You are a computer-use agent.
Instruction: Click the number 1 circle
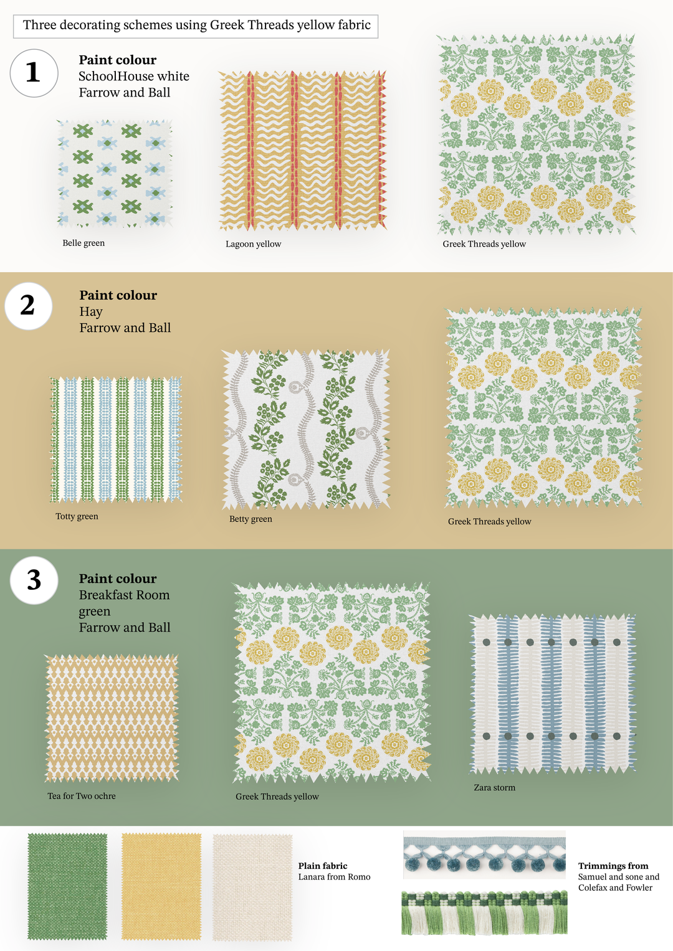coord(34,73)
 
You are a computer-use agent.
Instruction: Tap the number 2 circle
coord(29,306)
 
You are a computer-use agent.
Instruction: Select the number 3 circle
coord(34,580)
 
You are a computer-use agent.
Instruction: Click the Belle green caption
coord(84,243)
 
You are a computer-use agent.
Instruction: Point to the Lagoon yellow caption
coord(253,244)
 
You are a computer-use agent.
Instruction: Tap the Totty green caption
coord(77,516)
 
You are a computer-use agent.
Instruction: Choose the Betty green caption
coord(251,519)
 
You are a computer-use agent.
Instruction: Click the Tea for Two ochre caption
coord(82,795)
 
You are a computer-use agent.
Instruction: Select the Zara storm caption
coord(495,787)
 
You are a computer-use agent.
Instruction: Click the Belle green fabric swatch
coord(115,173)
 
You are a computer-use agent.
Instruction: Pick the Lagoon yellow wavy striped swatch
coord(302,150)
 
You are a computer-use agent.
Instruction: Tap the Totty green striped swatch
coord(115,440)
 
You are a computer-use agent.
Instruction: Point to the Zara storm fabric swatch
coord(552,694)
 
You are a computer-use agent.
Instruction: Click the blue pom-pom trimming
coord(484,854)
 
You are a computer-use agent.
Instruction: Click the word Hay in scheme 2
coord(91,311)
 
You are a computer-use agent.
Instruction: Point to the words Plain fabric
coord(323,866)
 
